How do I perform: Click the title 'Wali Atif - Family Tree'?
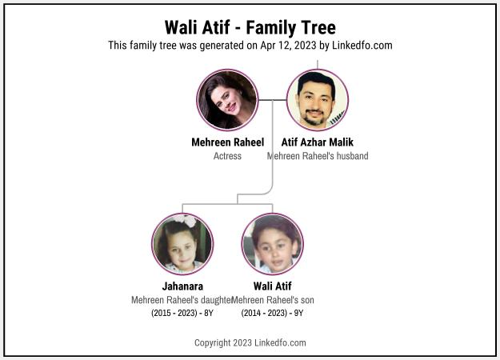(250, 27)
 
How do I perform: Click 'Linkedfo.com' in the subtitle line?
(362, 46)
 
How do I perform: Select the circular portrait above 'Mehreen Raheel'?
(227, 100)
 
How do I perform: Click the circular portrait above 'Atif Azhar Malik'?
(317, 100)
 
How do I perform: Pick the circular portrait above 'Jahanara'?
(182, 243)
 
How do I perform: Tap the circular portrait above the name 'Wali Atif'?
(272, 243)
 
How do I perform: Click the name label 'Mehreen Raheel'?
(227, 142)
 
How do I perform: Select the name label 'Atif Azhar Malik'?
(317, 142)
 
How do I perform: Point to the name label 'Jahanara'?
(182, 286)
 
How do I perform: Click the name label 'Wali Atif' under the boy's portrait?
(272, 286)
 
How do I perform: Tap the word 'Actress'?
(227, 156)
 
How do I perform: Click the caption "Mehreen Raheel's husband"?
(317, 156)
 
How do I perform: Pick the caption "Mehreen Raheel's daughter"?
(182, 299)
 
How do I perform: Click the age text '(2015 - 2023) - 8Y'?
(182, 313)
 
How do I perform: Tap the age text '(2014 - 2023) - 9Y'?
(272, 313)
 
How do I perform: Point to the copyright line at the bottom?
(250, 342)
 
